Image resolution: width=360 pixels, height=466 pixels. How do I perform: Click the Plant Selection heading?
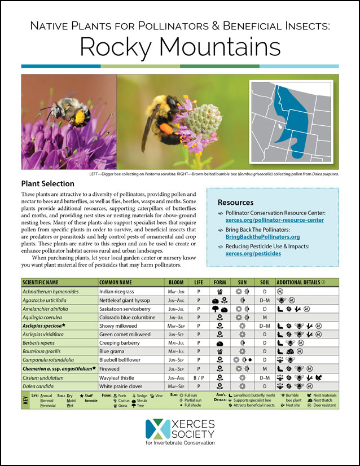click(47, 184)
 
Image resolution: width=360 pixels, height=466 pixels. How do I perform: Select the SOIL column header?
click(264, 282)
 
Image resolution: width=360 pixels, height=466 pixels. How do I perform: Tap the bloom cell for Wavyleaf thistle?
click(176, 377)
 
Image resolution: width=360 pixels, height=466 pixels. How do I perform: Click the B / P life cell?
click(198, 377)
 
